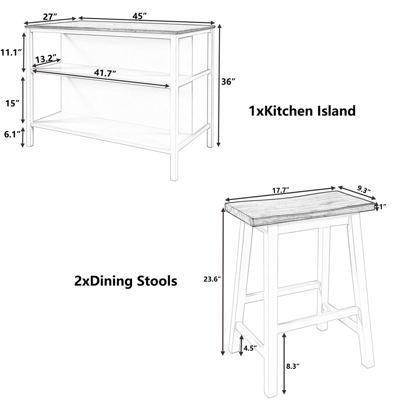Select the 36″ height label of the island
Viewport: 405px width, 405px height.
tap(229, 82)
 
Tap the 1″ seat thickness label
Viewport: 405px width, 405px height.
tap(382, 207)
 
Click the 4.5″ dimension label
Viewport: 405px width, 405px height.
tap(250, 348)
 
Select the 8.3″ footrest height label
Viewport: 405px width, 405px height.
tap(293, 367)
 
